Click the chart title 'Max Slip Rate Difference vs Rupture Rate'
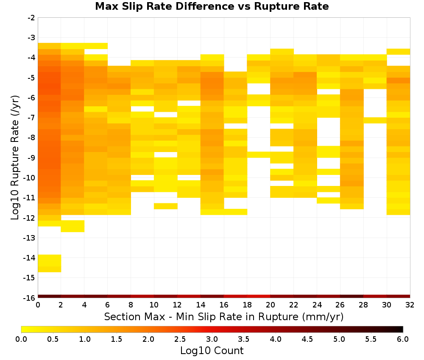(212, 6)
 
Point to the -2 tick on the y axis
(31, 18)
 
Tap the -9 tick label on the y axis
(31, 158)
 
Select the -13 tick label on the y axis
(30, 238)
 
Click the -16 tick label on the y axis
(30, 298)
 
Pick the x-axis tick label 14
(201, 305)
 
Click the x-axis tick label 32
(410, 305)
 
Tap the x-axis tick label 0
(38, 305)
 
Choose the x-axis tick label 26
(340, 305)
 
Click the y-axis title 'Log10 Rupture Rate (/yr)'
(15, 157)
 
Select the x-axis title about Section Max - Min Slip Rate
(224, 316)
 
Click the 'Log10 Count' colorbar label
(212, 351)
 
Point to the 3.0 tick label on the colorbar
(212, 339)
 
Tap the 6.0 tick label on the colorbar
(403, 339)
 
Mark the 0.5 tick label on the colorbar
(53, 339)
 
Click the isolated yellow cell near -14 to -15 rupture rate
(50, 263)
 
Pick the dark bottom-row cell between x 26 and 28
(351, 296)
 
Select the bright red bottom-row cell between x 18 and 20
(259, 296)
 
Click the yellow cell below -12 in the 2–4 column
(73, 226)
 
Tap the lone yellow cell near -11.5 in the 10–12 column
(166, 206)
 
